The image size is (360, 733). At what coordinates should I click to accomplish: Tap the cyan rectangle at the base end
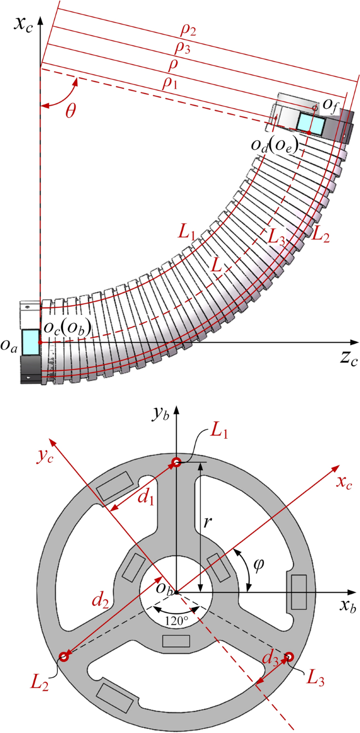pyautogui.click(x=30, y=342)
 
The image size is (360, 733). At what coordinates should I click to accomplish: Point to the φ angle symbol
pyautogui.click(x=260, y=565)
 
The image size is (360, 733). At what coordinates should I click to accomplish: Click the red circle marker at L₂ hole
pyautogui.click(x=64, y=656)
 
